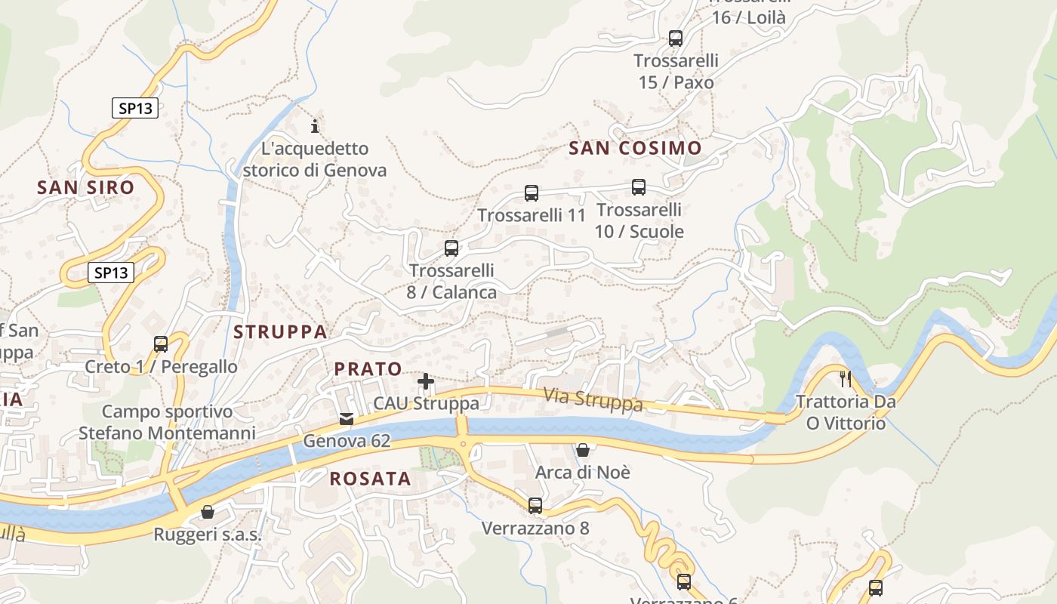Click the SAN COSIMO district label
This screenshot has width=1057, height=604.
[635, 149]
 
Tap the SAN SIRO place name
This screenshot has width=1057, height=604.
[85, 187]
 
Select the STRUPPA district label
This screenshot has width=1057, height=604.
[280, 331]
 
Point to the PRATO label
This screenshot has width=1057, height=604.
[368, 369]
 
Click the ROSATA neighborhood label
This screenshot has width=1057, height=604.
[371, 479]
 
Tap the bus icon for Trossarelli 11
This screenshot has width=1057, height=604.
[532, 193]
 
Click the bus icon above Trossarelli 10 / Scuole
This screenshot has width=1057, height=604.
[639, 187]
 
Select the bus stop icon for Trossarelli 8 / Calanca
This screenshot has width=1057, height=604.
[451, 248]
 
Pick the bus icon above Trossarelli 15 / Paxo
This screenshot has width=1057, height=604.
[676, 38]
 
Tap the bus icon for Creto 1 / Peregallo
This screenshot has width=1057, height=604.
[161, 344]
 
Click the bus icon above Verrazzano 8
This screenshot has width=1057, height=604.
[535, 505]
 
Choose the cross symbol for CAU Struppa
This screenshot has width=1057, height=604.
[426, 381]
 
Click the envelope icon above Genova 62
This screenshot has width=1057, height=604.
[347, 419]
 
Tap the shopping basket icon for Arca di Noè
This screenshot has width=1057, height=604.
[583, 451]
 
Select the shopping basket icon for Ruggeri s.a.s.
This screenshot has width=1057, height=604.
[208, 513]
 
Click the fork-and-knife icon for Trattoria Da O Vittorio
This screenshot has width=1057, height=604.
[846, 378]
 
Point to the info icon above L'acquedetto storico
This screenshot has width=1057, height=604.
[315, 126]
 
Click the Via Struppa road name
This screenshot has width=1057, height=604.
[593, 399]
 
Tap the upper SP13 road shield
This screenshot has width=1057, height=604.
[136, 108]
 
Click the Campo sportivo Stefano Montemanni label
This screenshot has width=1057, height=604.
[167, 422]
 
